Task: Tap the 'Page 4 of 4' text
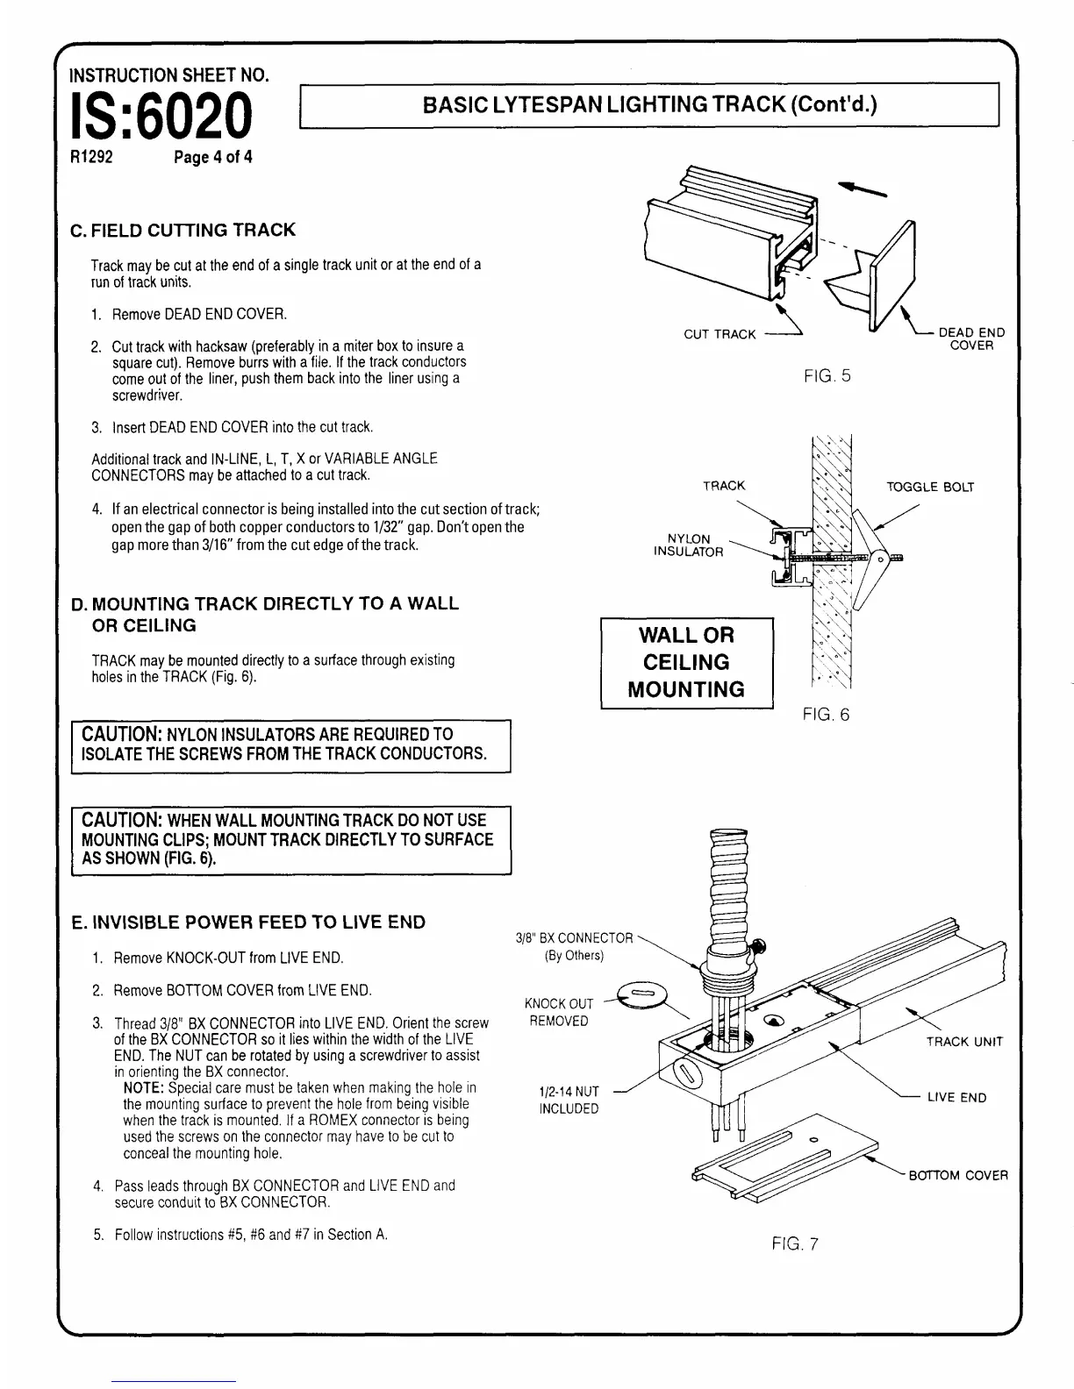click(x=213, y=158)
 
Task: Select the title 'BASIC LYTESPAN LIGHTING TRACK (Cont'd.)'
click(x=649, y=105)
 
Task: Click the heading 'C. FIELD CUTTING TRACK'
click(x=183, y=231)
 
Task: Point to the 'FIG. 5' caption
click(x=827, y=376)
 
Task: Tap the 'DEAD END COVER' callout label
click(x=971, y=338)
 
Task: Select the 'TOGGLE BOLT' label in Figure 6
click(x=930, y=487)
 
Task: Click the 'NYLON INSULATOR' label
click(x=689, y=545)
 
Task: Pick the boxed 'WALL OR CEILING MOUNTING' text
click(x=686, y=662)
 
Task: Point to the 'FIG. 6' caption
click(x=826, y=715)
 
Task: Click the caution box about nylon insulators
click(x=290, y=744)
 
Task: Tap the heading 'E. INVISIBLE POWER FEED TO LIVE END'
click(x=248, y=922)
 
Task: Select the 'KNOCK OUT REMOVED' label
click(x=558, y=1012)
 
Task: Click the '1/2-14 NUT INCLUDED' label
click(x=569, y=1100)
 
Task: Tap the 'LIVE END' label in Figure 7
click(x=956, y=1098)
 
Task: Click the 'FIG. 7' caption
click(x=795, y=1243)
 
